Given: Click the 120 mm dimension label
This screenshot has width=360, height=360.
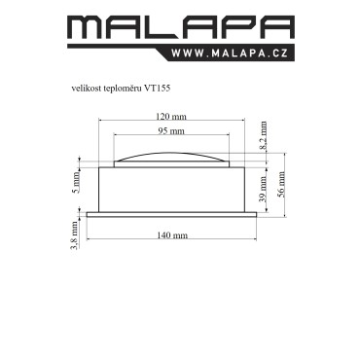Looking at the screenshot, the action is [x=171, y=116].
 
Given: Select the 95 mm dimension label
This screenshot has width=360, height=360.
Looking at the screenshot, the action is [x=171, y=131].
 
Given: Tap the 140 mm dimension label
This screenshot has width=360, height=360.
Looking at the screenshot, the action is [x=172, y=235].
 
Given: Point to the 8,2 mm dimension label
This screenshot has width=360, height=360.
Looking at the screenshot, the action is [x=264, y=135].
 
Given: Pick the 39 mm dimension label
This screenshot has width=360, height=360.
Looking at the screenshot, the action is [x=264, y=189].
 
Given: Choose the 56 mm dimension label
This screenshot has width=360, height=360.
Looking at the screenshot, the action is [x=281, y=184].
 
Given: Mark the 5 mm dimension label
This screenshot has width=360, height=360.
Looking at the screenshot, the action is [x=76, y=182].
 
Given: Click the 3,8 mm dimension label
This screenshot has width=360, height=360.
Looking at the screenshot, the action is [x=75, y=235].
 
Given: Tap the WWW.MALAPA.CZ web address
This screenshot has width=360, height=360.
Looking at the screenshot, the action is [x=230, y=54].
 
